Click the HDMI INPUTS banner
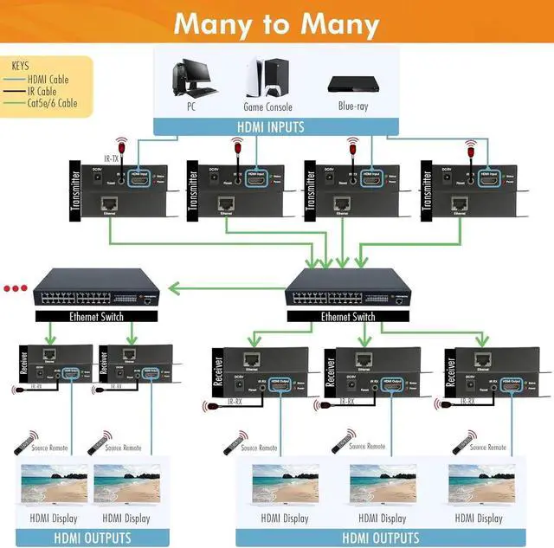pos(276,126)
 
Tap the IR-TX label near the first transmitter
pos(112,158)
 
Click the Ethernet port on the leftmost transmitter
pos(111,204)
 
